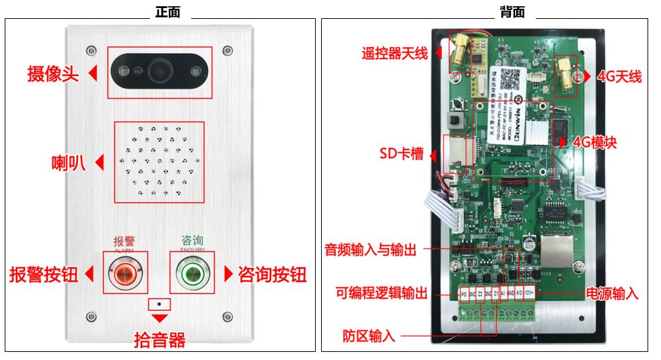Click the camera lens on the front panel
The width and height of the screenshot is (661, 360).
point(160,69)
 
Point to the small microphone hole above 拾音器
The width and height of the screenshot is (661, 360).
point(160,303)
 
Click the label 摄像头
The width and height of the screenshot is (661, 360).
point(53,73)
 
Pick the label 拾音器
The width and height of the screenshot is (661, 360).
point(160,340)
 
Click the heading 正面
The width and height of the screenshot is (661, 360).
point(168,12)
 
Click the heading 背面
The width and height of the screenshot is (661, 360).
point(512,12)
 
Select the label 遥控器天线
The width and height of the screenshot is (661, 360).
point(394,53)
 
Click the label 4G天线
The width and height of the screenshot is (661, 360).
point(619,77)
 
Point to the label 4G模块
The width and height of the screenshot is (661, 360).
point(594,143)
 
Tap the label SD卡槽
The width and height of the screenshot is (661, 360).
point(401,154)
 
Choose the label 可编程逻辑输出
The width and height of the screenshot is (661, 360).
point(382,293)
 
